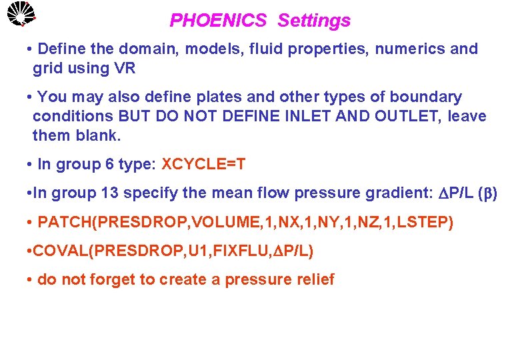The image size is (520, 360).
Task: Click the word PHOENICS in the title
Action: click(x=217, y=21)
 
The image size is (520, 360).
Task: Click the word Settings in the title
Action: click(x=313, y=21)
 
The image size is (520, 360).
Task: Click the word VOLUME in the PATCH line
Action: click(x=207, y=222)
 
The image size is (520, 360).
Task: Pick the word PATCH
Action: click(x=63, y=222)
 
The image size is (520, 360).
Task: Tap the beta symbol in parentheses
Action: click(x=493, y=194)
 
